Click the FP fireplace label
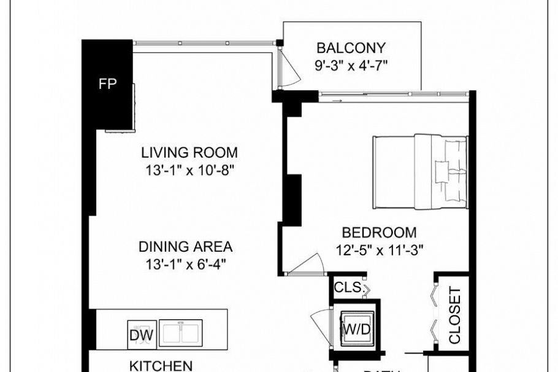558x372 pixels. pos(108,85)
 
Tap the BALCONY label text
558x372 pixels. pos(351,48)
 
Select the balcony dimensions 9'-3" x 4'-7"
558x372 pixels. pos(351,64)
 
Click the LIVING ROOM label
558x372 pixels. pos(189,152)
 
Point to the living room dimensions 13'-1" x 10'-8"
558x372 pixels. pos(189,169)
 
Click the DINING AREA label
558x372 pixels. pos(185,247)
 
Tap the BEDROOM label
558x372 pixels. pos(379,233)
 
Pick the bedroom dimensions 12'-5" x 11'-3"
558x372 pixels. pos(379,250)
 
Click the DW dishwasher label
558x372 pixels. pos(142,335)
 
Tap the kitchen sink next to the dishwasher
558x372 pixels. pos(181,333)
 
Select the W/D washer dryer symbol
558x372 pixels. pos(356,329)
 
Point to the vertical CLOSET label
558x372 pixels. pos(454,315)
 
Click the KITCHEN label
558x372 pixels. pos(162,365)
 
